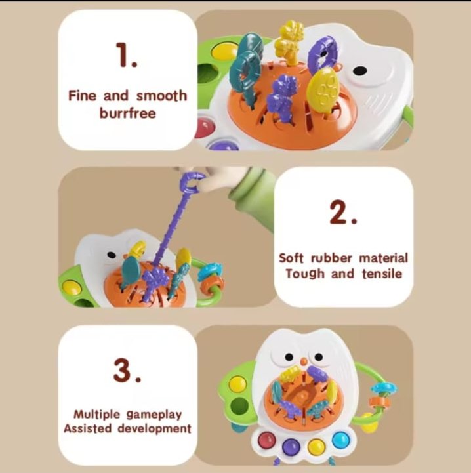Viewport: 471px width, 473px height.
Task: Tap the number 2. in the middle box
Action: [343, 212]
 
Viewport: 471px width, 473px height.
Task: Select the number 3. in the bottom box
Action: [127, 371]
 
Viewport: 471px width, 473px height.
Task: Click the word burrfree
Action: [128, 113]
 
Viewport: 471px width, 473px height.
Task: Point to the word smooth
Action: [161, 96]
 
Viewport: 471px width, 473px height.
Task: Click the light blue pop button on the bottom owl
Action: [340, 439]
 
